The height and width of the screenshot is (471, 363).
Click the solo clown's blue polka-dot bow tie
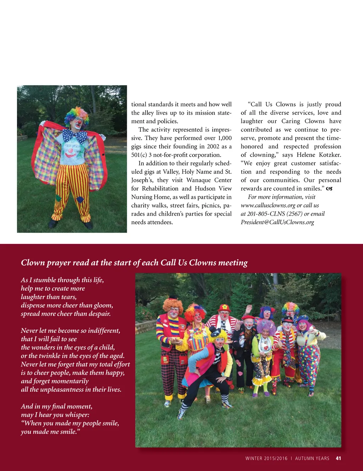click(75, 135)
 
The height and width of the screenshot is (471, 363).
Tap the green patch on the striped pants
click(58, 198)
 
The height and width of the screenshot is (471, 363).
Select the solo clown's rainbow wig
click(77, 115)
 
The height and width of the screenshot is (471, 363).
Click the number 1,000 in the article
click(225, 138)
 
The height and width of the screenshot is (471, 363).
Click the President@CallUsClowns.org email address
click(277, 222)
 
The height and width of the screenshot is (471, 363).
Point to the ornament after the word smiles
click(329, 189)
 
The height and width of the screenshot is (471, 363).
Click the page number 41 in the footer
click(338, 458)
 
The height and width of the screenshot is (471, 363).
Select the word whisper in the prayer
click(77, 415)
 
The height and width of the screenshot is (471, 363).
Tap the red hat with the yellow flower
click(224, 307)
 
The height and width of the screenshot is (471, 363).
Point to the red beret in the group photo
click(248, 317)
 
